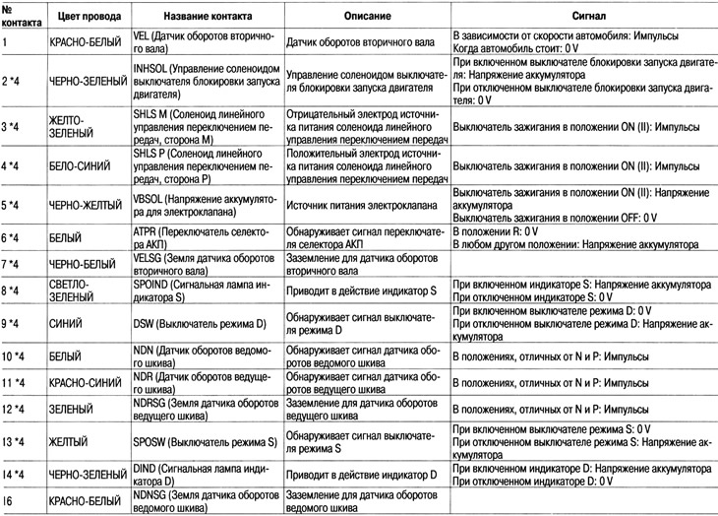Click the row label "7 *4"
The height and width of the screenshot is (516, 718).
click(x=15, y=266)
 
